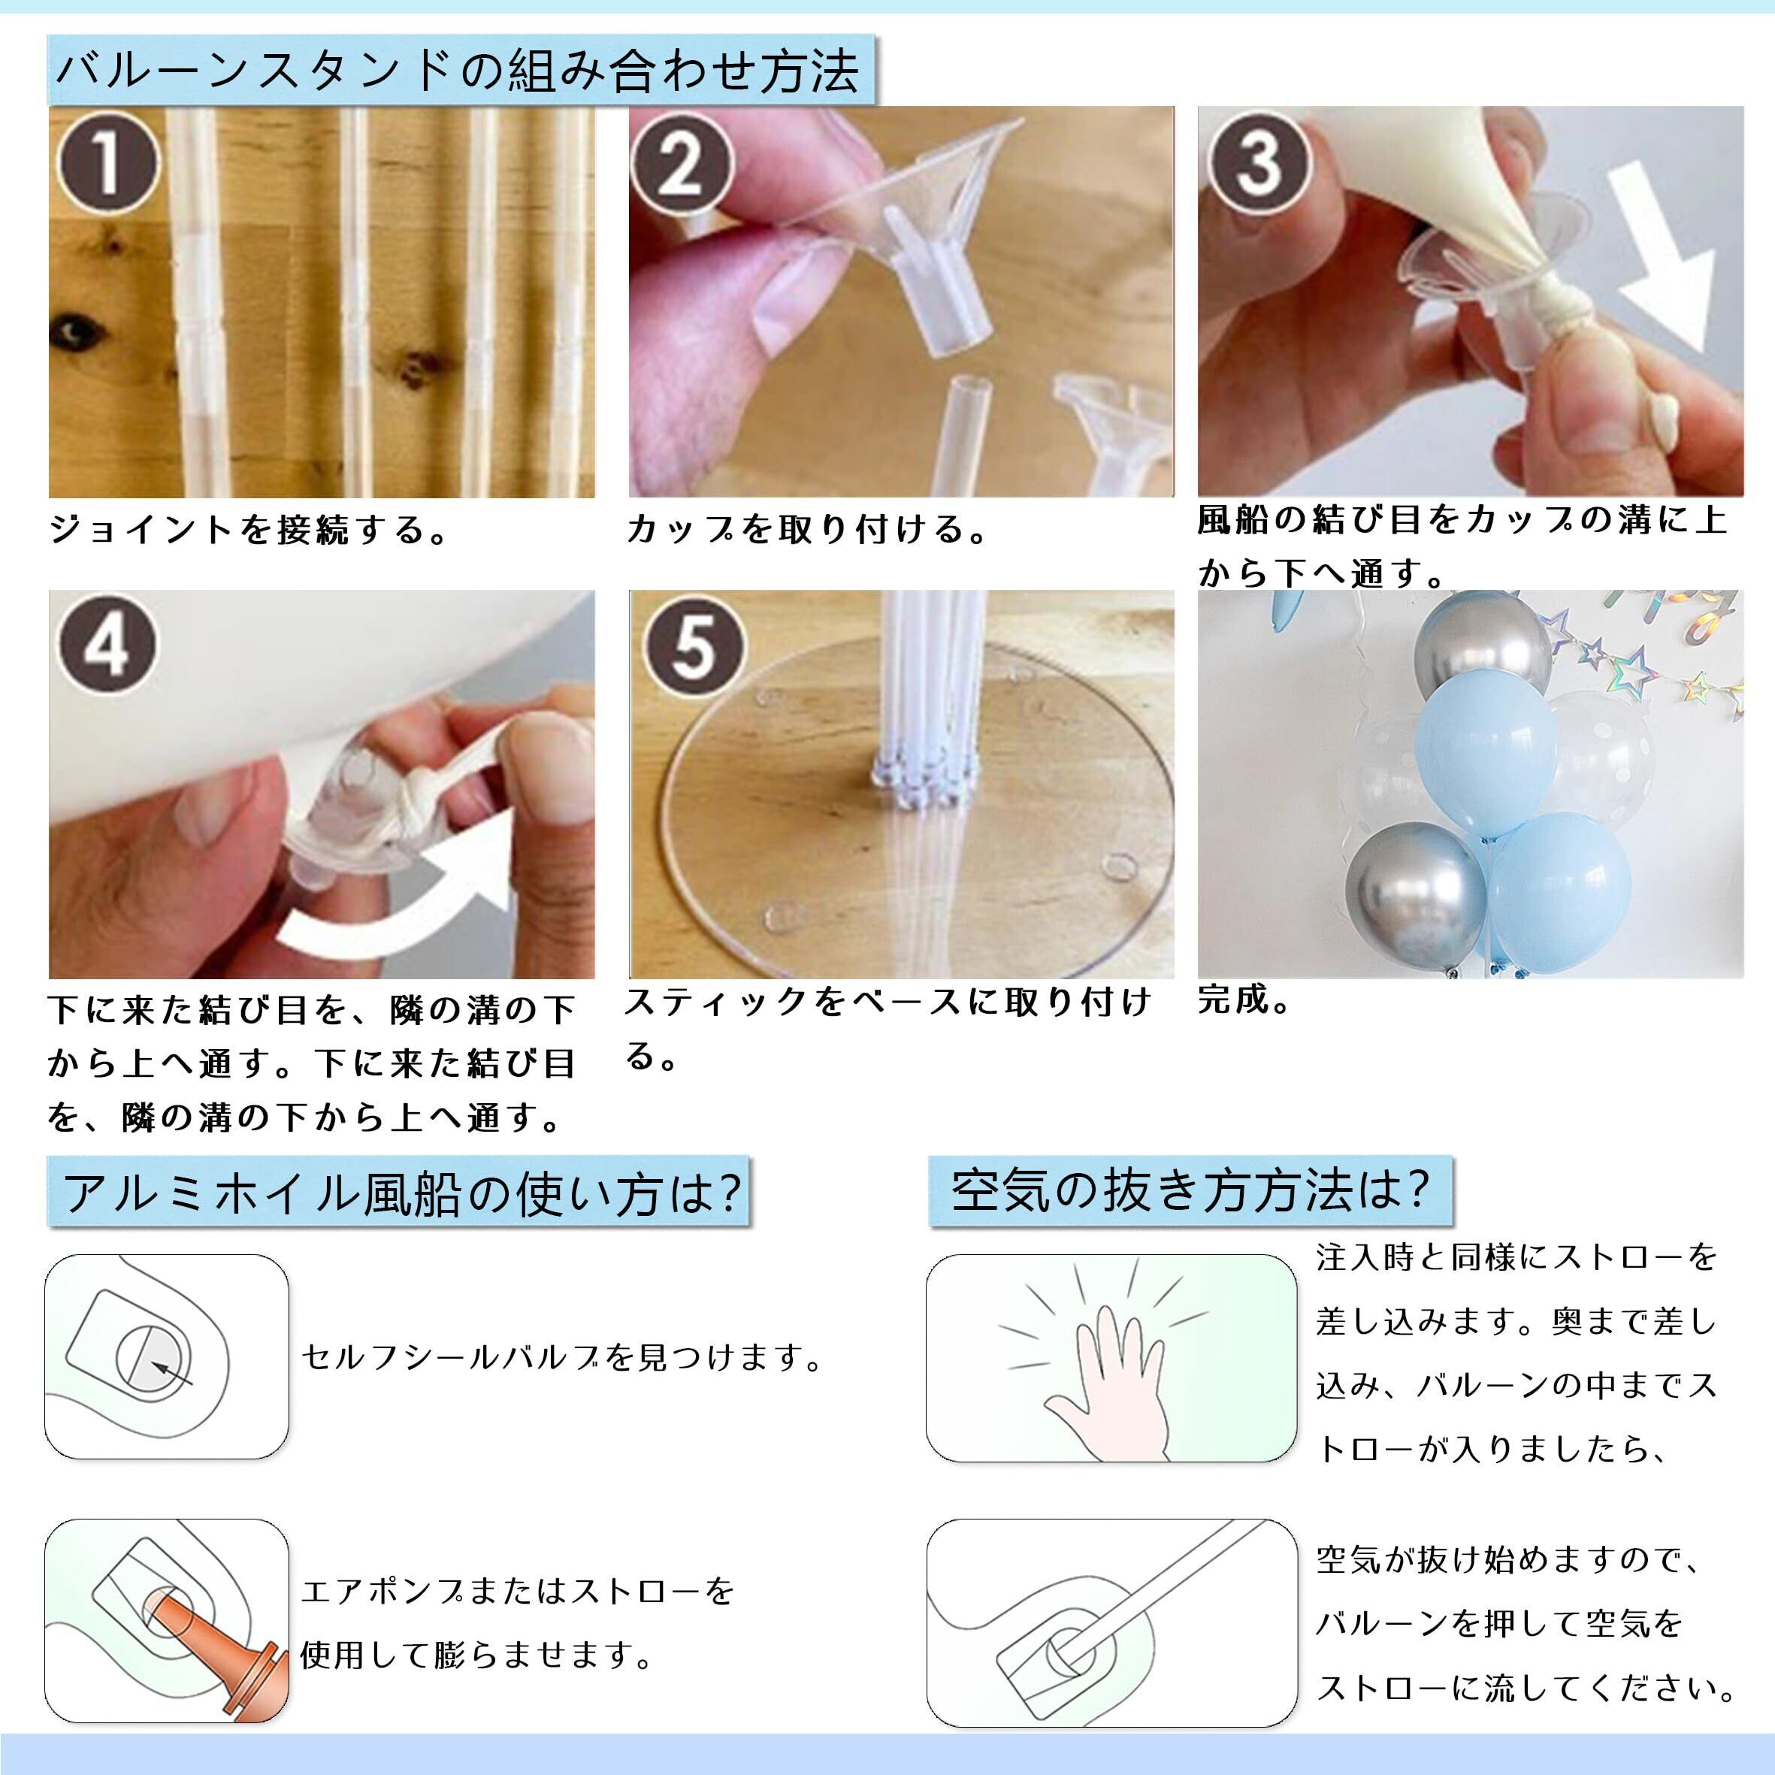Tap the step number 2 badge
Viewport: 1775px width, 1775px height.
point(681,166)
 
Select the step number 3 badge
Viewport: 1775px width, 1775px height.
point(1259,162)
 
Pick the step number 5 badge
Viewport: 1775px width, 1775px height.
point(694,646)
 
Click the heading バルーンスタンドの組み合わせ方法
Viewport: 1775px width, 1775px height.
point(459,71)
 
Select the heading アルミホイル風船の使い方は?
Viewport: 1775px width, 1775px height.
point(401,1193)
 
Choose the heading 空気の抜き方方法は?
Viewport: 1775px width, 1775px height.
point(1190,1190)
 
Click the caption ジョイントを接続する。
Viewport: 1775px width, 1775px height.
point(248,530)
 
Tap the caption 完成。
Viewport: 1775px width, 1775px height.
point(1245,999)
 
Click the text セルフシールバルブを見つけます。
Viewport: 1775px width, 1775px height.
point(563,1357)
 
